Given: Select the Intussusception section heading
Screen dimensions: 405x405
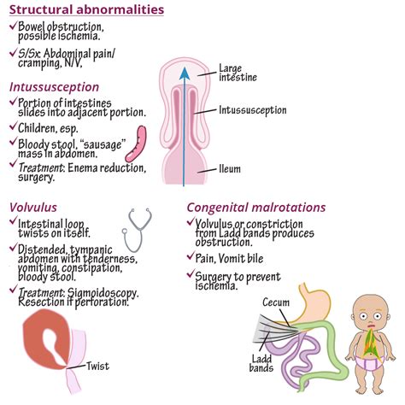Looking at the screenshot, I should click(x=54, y=87).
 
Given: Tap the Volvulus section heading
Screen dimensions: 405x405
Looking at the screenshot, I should click(x=33, y=208).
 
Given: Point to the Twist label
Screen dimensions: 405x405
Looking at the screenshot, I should click(x=97, y=367).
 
